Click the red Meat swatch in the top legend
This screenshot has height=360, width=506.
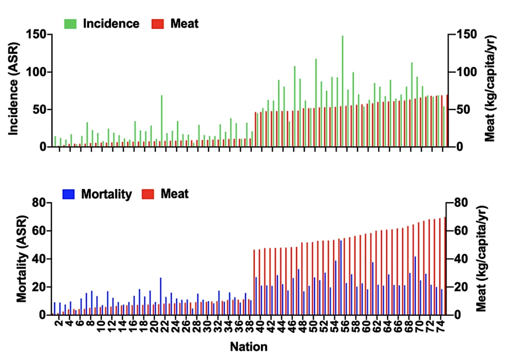(x=158, y=24)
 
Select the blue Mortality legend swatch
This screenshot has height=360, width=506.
(x=69, y=194)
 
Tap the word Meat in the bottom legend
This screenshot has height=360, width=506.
(x=174, y=194)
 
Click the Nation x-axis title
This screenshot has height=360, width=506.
(x=248, y=347)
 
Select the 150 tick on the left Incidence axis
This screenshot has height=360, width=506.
(x=37, y=35)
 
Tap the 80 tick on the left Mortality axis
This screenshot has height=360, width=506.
(x=39, y=203)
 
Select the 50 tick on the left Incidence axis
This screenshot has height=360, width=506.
(x=40, y=110)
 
